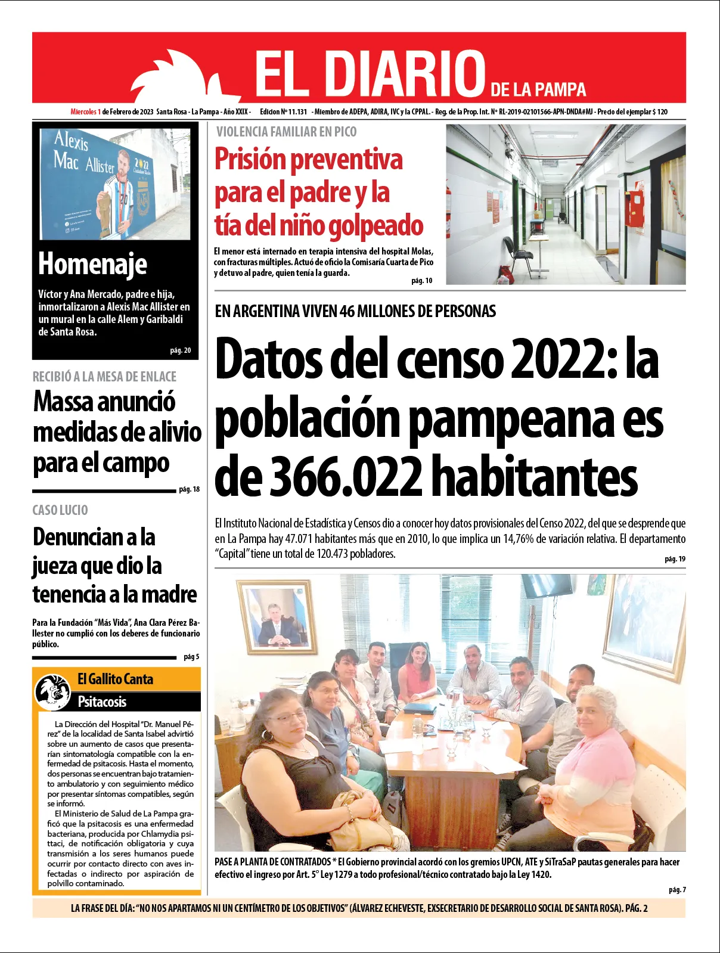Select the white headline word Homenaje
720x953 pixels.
[x=92, y=263]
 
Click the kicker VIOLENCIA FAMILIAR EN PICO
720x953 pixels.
[x=286, y=132]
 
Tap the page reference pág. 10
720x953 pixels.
[x=421, y=281]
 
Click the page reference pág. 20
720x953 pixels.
[x=180, y=350]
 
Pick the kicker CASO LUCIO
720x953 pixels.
[x=60, y=510]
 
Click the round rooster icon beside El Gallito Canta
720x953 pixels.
[x=53, y=691]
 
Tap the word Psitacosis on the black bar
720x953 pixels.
[x=102, y=701]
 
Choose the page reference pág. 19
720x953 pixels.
[x=675, y=559]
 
